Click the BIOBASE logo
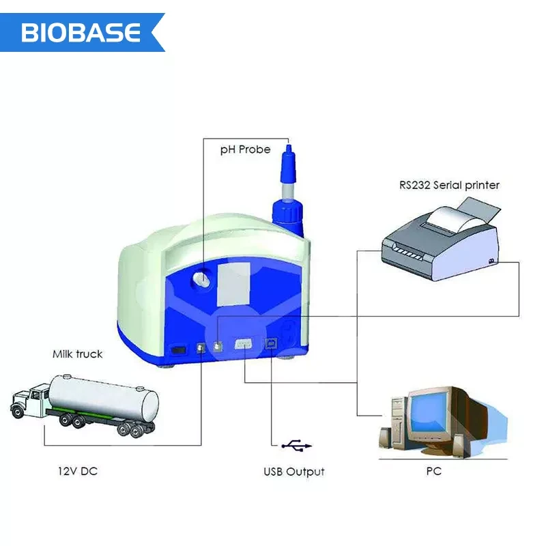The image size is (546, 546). pos(81,32)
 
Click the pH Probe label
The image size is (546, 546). pos(245,149)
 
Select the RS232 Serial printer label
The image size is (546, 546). pos(449,185)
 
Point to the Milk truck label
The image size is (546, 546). pos(78,354)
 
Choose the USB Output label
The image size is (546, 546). pos(294,472)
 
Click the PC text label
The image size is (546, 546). pos(433,471)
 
